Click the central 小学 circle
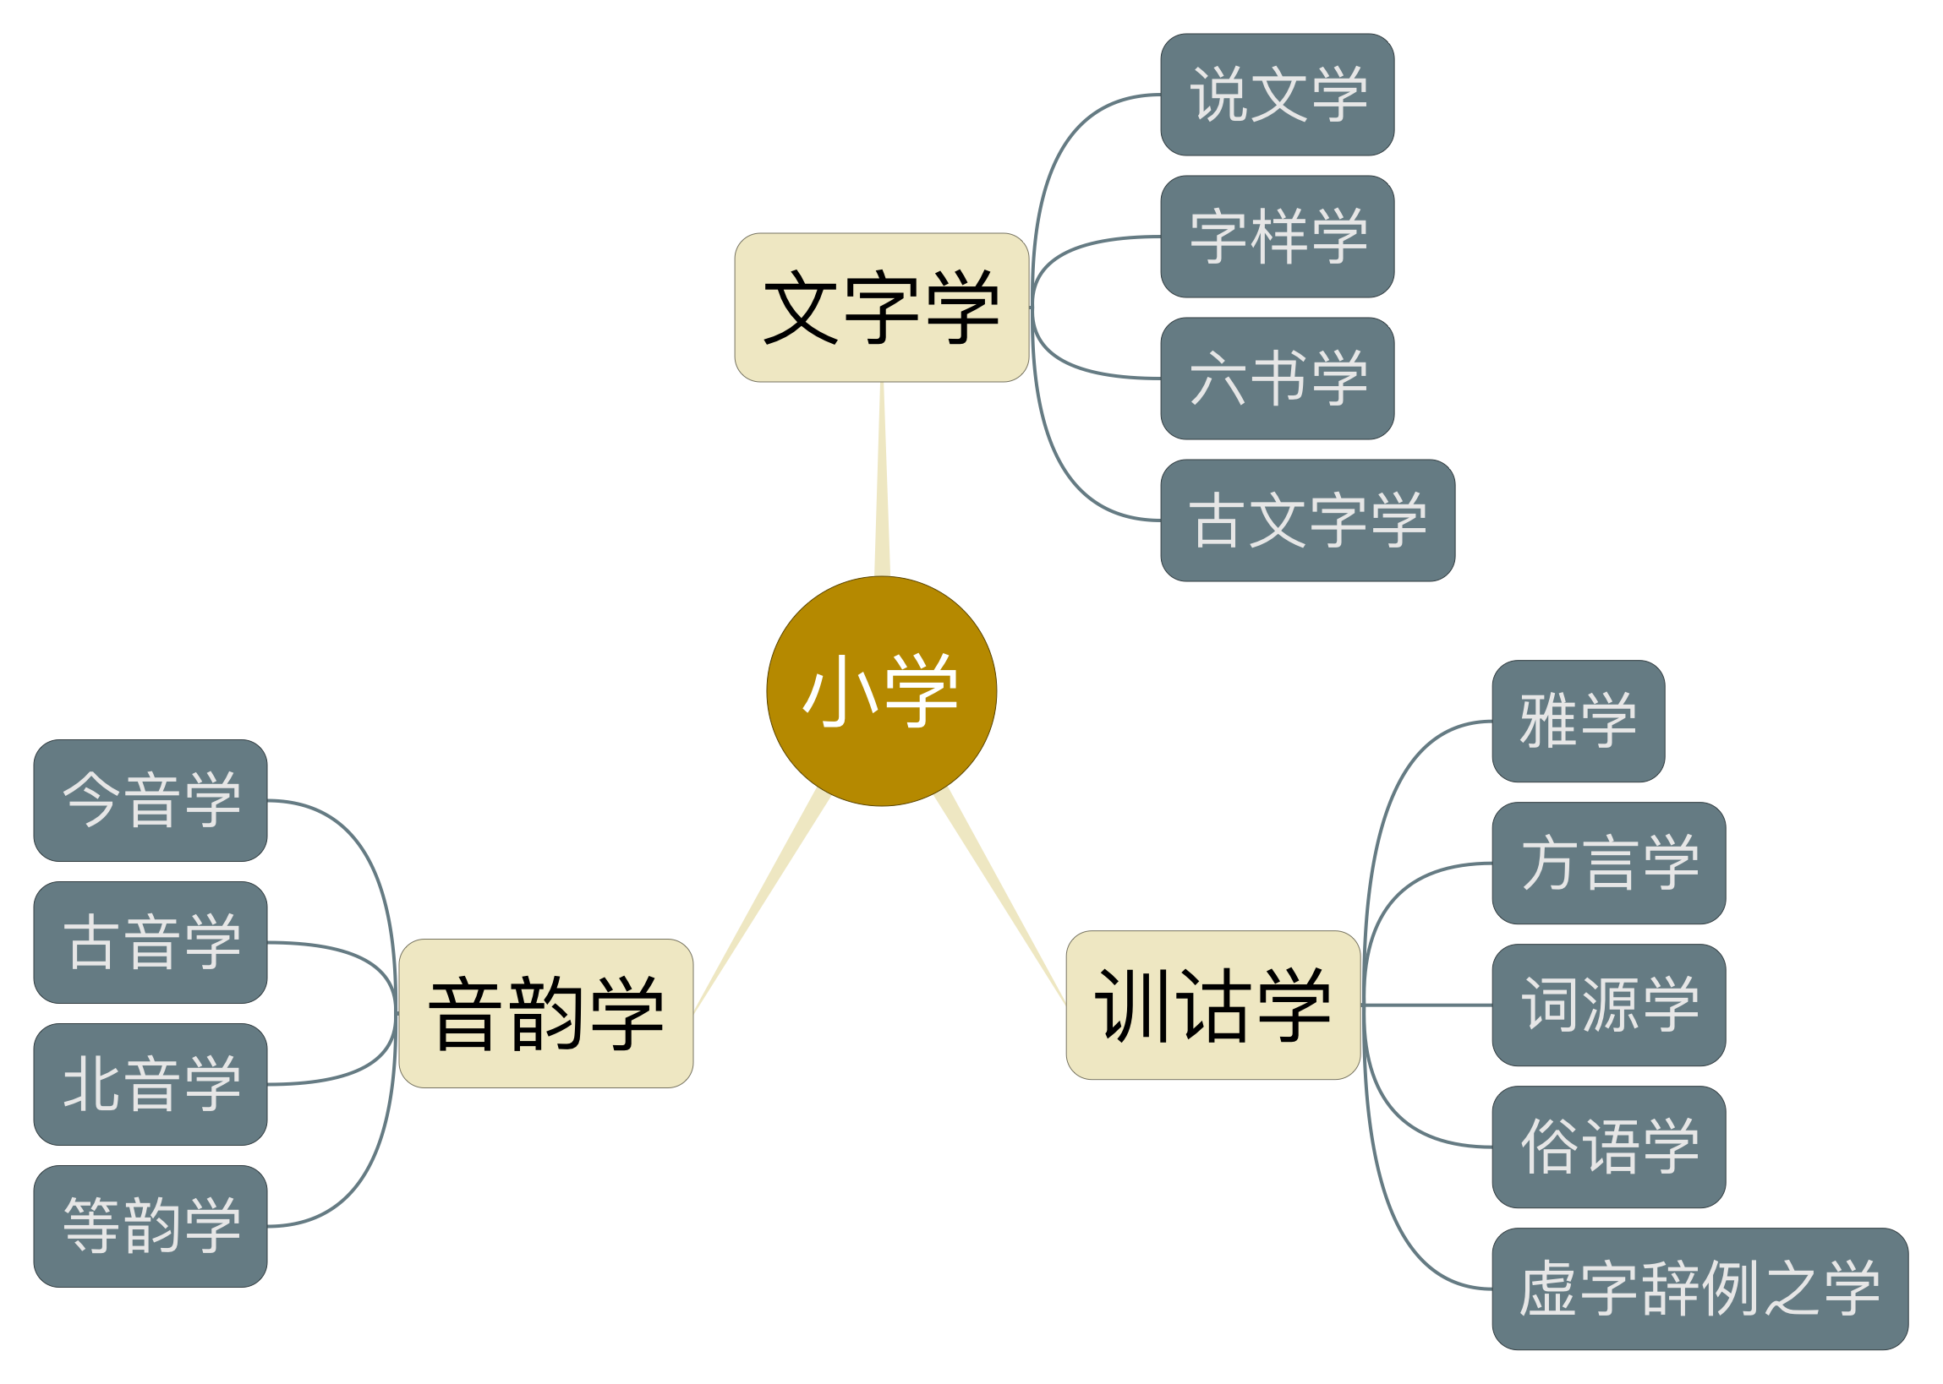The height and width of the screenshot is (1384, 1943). click(x=881, y=690)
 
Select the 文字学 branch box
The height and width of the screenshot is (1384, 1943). click(x=881, y=307)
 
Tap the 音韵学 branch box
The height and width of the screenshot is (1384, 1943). click(x=545, y=1012)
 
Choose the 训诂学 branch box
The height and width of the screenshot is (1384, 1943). click(x=1212, y=1004)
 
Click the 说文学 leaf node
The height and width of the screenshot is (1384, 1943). click(x=1276, y=95)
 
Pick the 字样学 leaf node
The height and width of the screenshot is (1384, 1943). click(x=1276, y=236)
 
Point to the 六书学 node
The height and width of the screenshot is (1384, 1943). click(x=1276, y=378)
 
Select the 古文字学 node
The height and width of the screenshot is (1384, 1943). click(x=1307, y=520)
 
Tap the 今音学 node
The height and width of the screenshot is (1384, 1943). click(x=150, y=799)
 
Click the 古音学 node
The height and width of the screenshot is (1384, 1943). click(x=150, y=942)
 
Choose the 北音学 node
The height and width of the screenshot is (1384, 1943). click(x=150, y=1083)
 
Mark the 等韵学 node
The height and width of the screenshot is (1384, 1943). click(x=150, y=1225)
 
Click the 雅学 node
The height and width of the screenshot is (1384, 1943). click(x=1577, y=720)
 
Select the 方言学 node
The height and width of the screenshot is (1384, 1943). click(x=1608, y=863)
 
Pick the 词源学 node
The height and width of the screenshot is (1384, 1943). click(x=1608, y=1004)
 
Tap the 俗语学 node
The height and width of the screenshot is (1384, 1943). click(x=1608, y=1147)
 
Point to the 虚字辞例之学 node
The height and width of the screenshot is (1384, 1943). click(x=1699, y=1288)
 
